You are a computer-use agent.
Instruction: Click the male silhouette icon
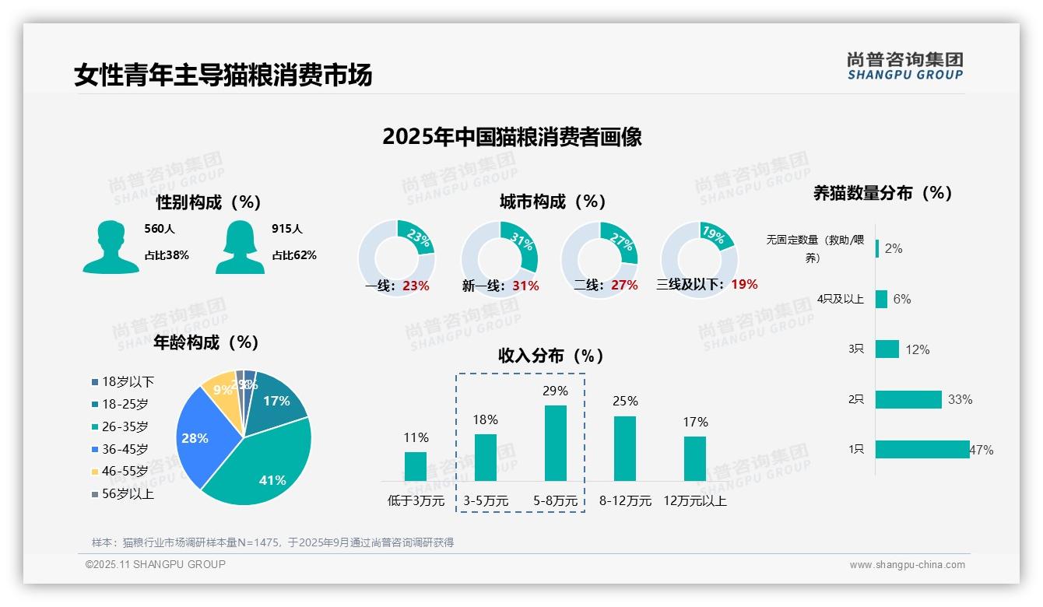[x=111, y=247]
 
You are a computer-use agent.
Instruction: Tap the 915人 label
[x=287, y=229]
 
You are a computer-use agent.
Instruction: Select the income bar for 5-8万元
[x=555, y=443]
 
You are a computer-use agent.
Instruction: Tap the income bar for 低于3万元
[x=416, y=466]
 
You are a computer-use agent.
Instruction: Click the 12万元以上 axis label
[x=694, y=501]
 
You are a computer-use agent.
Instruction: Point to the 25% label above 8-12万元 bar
[x=624, y=401]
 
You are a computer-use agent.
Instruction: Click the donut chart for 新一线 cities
[x=499, y=259]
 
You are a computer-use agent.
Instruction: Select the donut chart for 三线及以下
[x=699, y=259]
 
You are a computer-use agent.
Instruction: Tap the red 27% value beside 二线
[x=624, y=286]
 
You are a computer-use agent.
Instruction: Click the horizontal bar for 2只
[x=908, y=399]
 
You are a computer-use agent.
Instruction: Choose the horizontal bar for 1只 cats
[x=922, y=450]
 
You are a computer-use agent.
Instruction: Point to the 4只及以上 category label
[x=840, y=299]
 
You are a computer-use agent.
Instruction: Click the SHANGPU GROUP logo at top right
[x=904, y=66]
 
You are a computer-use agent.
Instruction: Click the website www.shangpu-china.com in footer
[x=907, y=565]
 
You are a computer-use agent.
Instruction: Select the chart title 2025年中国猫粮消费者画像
[x=512, y=137]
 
